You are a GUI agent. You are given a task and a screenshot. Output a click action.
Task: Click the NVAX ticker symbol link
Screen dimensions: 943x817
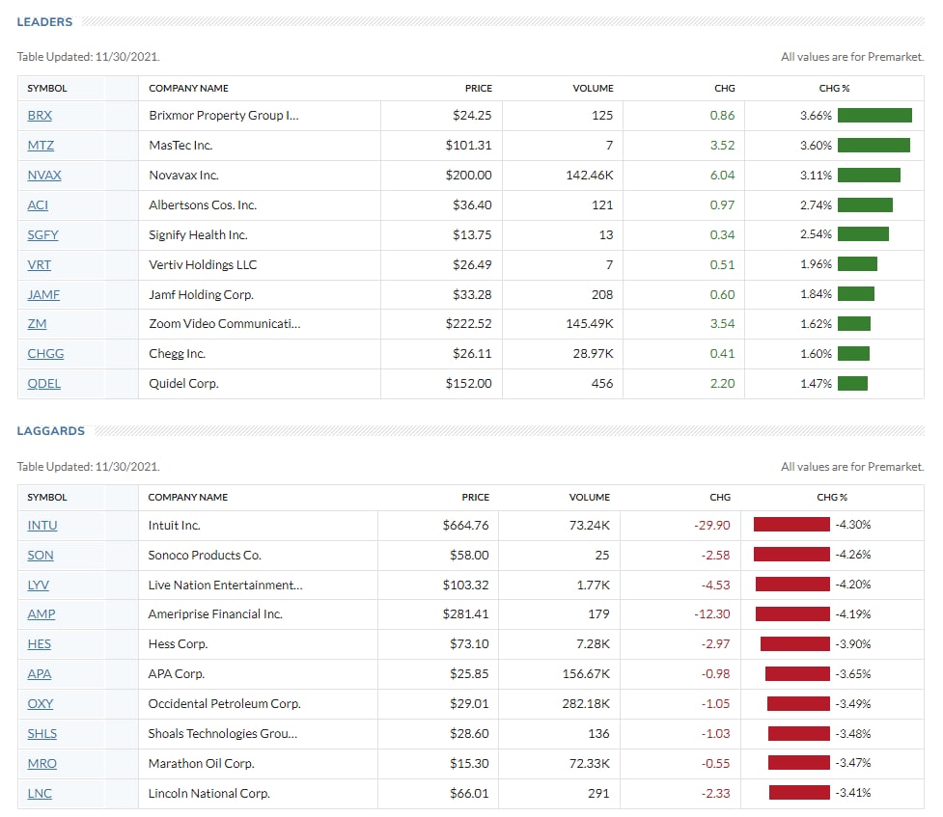(44, 175)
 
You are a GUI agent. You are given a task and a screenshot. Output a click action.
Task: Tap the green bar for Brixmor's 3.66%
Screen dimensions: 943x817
(874, 115)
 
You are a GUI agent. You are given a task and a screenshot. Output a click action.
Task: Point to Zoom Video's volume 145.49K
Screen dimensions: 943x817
(590, 323)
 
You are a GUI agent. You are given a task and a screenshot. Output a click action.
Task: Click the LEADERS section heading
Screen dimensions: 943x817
(44, 21)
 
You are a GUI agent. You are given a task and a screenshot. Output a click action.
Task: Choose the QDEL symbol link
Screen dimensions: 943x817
(43, 383)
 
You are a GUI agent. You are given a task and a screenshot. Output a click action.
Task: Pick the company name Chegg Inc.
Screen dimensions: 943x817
(178, 353)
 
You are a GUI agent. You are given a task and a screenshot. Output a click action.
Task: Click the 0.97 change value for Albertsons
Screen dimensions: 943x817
(722, 205)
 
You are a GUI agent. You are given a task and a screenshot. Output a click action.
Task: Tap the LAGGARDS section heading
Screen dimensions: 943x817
(50, 430)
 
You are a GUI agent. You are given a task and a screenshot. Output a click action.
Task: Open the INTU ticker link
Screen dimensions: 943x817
(42, 525)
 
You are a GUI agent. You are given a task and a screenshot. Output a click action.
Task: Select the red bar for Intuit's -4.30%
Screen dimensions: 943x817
(791, 524)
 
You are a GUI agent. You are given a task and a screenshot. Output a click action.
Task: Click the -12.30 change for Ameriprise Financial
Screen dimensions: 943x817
(712, 613)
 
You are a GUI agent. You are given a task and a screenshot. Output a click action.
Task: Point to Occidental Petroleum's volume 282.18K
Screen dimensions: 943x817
(586, 703)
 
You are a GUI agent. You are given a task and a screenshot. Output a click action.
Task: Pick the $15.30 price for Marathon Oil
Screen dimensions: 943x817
(469, 763)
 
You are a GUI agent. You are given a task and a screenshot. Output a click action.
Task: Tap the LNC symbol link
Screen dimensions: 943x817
(40, 793)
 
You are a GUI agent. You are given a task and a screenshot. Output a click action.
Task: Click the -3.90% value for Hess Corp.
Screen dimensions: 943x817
(853, 644)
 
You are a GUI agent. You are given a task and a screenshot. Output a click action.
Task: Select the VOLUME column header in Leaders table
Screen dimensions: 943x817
(593, 89)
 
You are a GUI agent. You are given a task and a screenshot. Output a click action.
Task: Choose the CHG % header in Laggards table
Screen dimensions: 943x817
(832, 497)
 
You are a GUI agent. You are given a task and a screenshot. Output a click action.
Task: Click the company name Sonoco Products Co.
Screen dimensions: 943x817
(205, 555)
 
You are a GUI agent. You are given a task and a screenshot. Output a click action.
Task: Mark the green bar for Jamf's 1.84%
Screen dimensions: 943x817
(856, 294)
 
